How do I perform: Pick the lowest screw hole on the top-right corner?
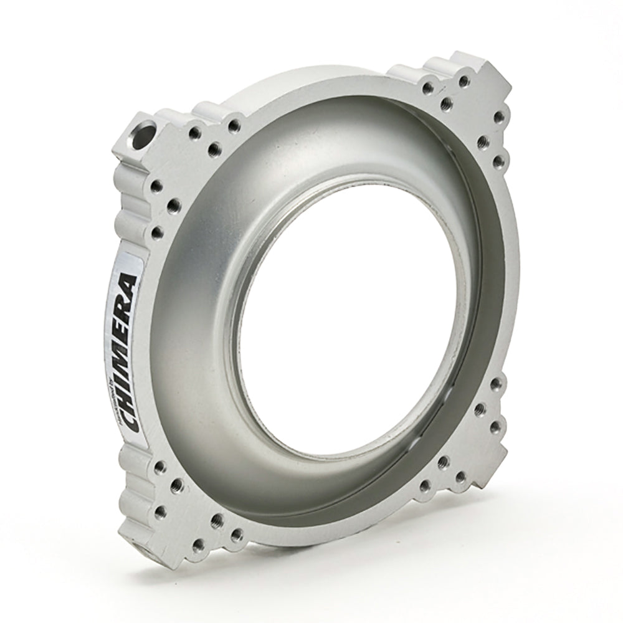pos(497,164)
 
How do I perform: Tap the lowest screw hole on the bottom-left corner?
pos(236,535)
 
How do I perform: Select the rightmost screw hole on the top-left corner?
pos(234,126)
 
